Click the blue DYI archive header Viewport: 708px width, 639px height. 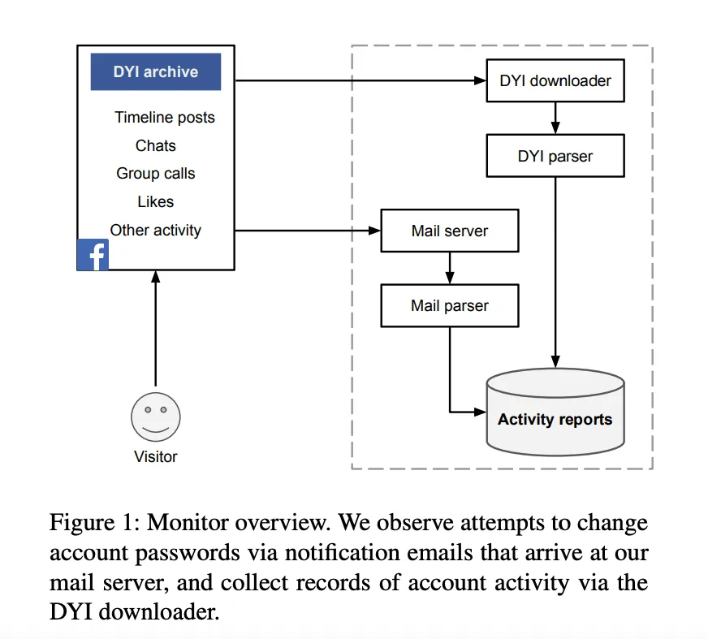pyautogui.click(x=156, y=71)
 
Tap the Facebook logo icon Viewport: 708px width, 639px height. pyautogui.click(x=93, y=255)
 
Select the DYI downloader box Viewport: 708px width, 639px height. pyautogui.click(x=555, y=80)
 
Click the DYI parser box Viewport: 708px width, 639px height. pyautogui.click(x=555, y=156)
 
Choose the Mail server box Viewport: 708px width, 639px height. pyautogui.click(x=450, y=231)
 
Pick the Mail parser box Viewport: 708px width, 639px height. pyautogui.click(x=450, y=306)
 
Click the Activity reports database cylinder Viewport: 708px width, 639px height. pyautogui.click(x=555, y=412)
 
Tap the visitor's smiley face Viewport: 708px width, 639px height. pyautogui.click(x=156, y=417)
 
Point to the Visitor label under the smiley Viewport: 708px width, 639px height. pyautogui.click(x=156, y=456)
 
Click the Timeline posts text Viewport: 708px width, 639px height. pyautogui.click(x=165, y=118)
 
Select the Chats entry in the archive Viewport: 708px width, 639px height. pyautogui.click(x=156, y=145)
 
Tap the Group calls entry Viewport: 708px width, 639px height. pyautogui.click(x=156, y=174)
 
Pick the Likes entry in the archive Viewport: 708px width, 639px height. pyautogui.click(x=156, y=201)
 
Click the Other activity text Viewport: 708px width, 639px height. pyautogui.click(x=156, y=231)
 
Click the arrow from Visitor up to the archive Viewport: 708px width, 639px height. pyautogui.click(x=156, y=328)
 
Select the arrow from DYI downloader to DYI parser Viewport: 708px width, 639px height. pyautogui.click(x=555, y=118)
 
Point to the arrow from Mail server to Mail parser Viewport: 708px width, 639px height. pyautogui.click(x=450, y=268)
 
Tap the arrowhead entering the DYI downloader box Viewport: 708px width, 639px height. pyautogui.click(x=480, y=81)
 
